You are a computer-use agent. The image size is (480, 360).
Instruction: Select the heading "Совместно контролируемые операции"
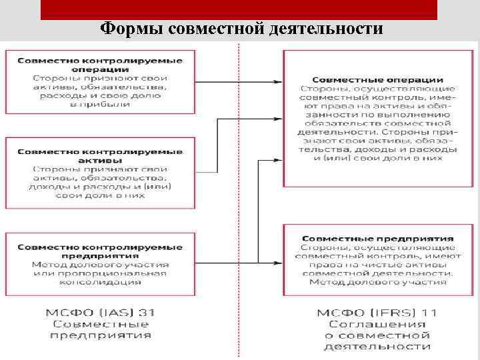point(100,65)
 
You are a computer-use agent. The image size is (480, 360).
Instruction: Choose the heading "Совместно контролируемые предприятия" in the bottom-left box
point(100,251)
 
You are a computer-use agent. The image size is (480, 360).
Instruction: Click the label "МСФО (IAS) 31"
point(100,313)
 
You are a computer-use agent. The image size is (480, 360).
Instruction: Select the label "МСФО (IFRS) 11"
point(377,313)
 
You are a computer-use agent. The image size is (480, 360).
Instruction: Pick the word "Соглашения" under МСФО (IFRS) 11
point(377,324)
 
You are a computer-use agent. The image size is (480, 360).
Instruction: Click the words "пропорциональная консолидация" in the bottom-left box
point(100,277)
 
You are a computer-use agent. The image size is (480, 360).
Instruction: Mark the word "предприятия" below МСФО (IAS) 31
point(100,335)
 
